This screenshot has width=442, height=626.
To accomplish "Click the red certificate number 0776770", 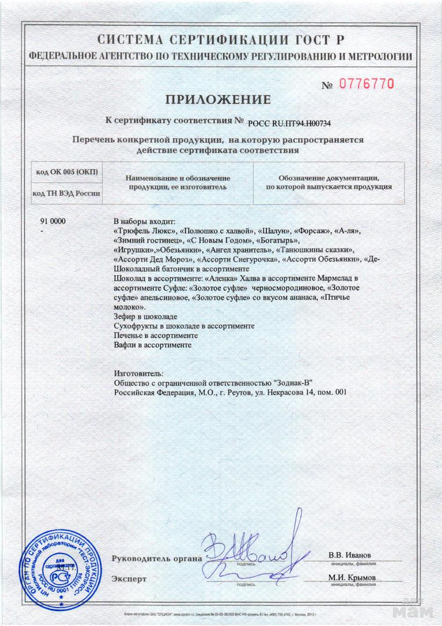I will (x=366, y=83).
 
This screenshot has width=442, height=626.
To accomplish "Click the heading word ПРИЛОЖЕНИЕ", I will (x=218, y=100).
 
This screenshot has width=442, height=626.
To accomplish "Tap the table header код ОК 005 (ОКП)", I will (x=67, y=173).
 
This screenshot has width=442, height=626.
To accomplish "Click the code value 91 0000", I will (x=53, y=222).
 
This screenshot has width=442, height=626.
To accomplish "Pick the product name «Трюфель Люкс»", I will (x=145, y=231).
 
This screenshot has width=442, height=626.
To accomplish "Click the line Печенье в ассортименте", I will (x=156, y=336).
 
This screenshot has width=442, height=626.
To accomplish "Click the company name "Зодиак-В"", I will (x=292, y=383).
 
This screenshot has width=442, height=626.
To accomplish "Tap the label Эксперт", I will (x=129, y=578).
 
